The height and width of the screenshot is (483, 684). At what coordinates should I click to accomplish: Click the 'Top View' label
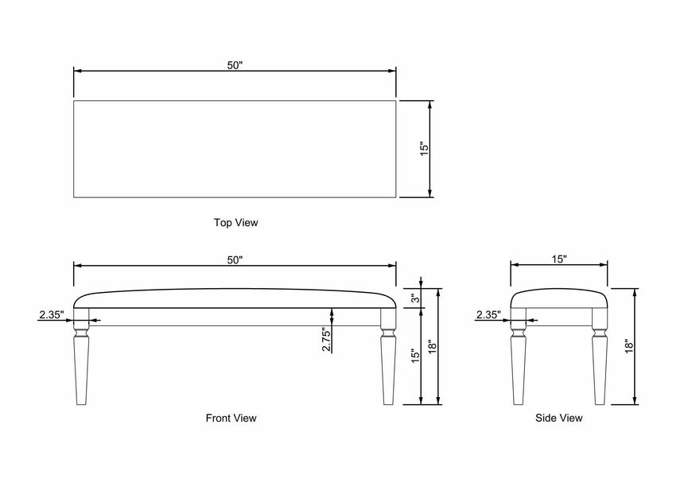pyautogui.click(x=235, y=223)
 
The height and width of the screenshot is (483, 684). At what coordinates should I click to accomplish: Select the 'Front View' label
pyautogui.click(x=231, y=417)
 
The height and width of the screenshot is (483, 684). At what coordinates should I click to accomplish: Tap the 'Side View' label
pyautogui.click(x=558, y=417)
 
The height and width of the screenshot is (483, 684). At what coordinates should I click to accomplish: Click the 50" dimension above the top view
pyautogui.click(x=235, y=65)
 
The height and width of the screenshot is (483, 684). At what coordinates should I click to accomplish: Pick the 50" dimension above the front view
pyautogui.click(x=235, y=259)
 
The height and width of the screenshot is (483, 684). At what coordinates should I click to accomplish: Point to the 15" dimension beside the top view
pyautogui.click(x=424, y=149)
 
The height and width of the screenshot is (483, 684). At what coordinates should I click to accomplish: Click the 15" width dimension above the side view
pyautogui.click(x=558, y=259)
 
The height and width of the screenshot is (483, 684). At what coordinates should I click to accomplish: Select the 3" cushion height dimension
pyautogui.click(x=415, y=298)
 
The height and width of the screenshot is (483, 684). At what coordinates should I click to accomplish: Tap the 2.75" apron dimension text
pyautogui.click(x=325, y=339)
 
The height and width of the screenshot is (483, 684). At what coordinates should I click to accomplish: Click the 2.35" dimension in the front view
pyautogui.click(x=51, y=314)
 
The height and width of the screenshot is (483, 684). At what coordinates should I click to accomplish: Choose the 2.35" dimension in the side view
pyautogui.click(x=488, y=314)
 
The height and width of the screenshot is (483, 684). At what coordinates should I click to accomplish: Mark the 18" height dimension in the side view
pyautogui.click(x=628, y=346)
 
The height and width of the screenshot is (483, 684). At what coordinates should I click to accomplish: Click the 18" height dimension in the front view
pyautogui.click(x=432, y=346)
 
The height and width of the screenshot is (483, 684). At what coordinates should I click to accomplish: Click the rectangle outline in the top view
pyautogui.click(x=235, y=149)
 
